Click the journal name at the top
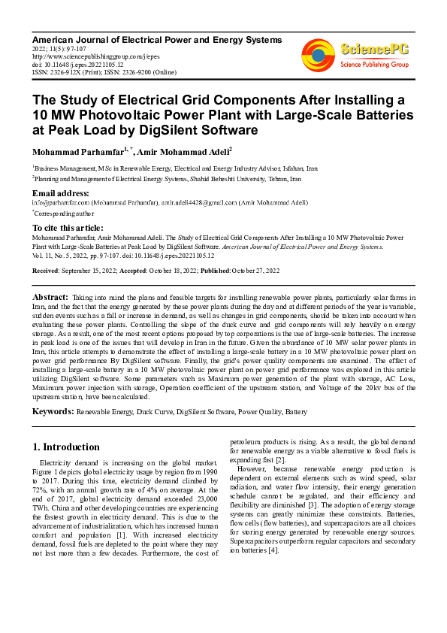tap(156, 39)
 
